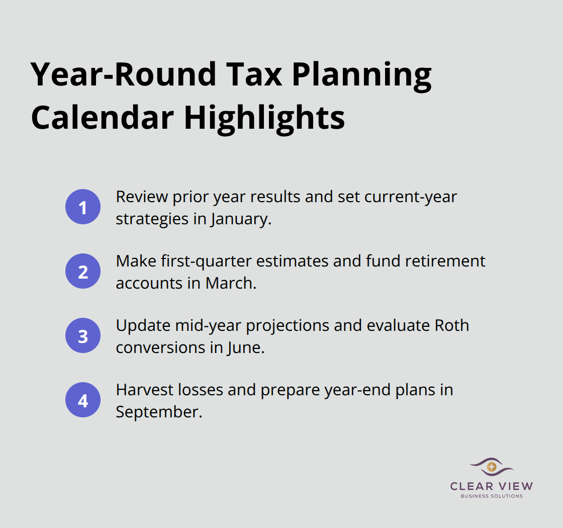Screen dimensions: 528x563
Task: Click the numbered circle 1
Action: (83, 207)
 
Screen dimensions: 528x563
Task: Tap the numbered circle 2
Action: (83, 271)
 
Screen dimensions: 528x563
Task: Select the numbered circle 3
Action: (83, 335)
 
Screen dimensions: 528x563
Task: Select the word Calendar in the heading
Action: (101, 117)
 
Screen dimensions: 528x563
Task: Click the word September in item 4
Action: (158, 412)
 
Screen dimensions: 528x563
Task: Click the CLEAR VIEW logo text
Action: (492, 486)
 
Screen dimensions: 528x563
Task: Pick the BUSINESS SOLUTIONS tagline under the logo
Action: (492, 496)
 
